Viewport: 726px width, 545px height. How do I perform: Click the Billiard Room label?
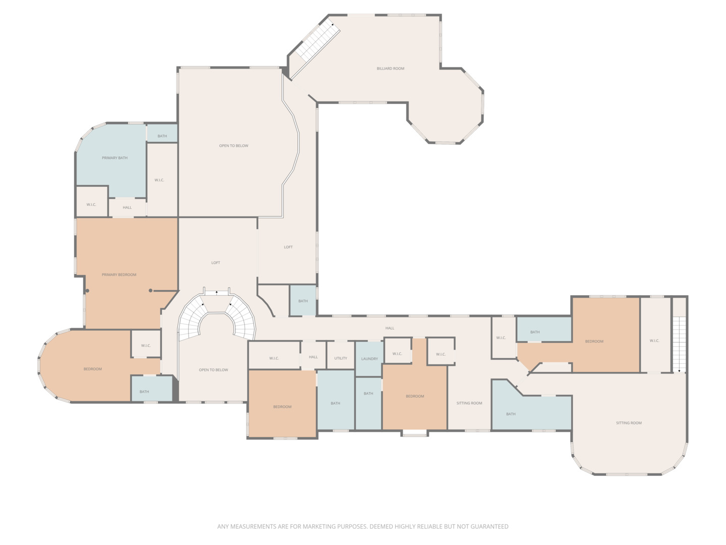pyautogui.click(x=390, y=69)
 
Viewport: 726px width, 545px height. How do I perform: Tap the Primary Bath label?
pyautogui.click(x=114, y=158)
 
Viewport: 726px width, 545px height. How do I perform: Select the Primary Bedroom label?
pyautogui.click(x=119, y=275)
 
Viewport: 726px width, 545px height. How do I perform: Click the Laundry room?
pyautogui.click(x=369, y=359)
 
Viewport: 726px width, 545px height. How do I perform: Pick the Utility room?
pyautogui.click(x=340, y=355)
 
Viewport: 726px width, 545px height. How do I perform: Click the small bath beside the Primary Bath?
pyautogui.click(x=162, y=133)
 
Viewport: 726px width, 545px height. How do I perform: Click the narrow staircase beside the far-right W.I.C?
pyautogui.click(x=679, y=344)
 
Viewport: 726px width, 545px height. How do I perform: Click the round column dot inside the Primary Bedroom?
pyautogui.click(x=150, y=291)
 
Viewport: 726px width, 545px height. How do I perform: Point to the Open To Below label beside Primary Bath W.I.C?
pyautogui.click(x=233, y=146)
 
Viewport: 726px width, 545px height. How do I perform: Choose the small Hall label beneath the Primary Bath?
pyautogui.click(x=127, y=207)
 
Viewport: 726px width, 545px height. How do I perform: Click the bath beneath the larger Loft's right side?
pyautogui.click(x=302, y=300)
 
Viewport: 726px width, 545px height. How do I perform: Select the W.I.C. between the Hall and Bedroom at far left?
pyautogui.click(x=146, y=344)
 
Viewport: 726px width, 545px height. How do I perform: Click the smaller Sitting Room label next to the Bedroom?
pyautogui.click(x=469, y=403)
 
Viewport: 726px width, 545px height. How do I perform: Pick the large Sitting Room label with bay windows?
pyautogui.click(x=628, y=423)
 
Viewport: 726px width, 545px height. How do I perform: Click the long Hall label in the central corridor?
pyautogui.click(x=390, y=328)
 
